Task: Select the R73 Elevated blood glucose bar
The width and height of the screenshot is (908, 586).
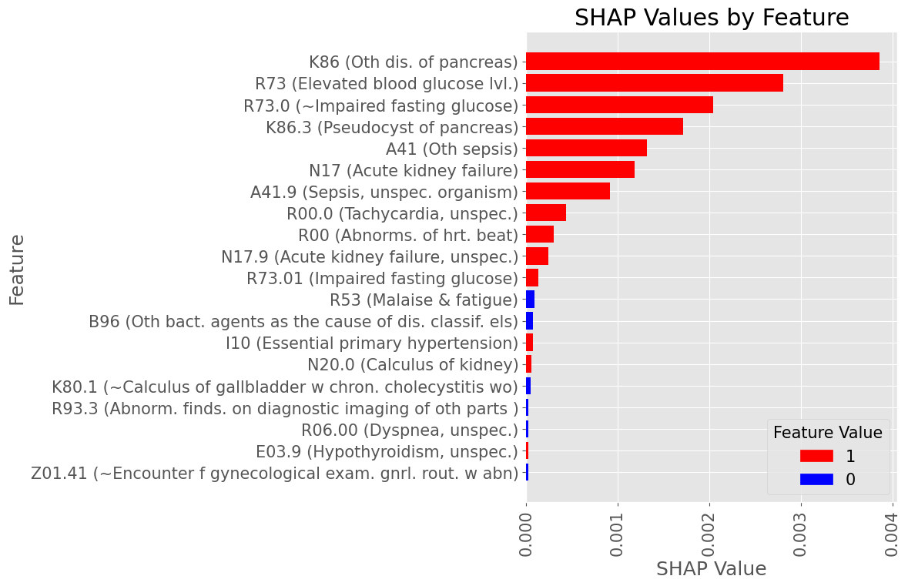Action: (x=655, y=83)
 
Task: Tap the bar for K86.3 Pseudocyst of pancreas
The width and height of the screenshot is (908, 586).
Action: (x=605, y=126)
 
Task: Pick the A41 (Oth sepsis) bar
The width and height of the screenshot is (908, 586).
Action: (x=586, y=148)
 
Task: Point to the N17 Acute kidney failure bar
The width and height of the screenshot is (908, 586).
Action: (x=580, y=169)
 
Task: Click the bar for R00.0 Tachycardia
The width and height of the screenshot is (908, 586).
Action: (x=546, y=213)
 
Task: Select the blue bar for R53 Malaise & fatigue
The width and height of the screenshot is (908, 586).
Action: (x=530, y=300)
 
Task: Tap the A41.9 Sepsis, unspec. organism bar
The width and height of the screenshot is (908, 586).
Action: (x=568, y=191)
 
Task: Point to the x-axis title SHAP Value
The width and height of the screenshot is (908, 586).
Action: (x=711, y=569)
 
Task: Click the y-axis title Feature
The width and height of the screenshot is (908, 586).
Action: (x=17, y=270)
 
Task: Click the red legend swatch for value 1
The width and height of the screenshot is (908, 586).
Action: (x=816, y=456)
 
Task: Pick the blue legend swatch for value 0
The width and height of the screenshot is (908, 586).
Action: (x=816, y=479)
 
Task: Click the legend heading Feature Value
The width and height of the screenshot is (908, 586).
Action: (x=828, y=433)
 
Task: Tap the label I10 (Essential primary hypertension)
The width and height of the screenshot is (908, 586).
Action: (x=372, y=343)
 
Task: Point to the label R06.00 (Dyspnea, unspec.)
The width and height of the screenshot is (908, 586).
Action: (x=410, y=430)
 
